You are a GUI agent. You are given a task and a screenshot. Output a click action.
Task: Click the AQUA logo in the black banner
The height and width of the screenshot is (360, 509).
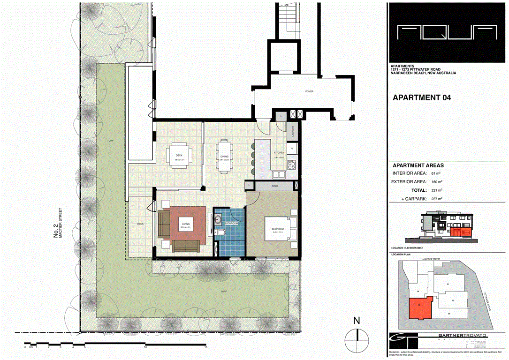pos(447,32)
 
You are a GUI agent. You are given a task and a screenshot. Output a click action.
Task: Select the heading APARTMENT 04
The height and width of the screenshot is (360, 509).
pos(421,98)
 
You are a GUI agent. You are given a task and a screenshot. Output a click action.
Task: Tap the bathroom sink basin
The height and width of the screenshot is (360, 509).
pos(218,219)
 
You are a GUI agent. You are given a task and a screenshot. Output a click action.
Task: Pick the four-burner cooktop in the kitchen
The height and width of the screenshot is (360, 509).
pos(291,165)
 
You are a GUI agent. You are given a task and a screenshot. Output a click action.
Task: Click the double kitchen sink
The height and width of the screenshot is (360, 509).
pos(279,175)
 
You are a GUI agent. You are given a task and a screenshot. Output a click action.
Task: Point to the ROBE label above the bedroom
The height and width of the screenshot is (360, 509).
pos(274,186)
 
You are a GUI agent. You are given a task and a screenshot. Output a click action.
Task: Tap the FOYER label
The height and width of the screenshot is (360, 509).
pos(309,91)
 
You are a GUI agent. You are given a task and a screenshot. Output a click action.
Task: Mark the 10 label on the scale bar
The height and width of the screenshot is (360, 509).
pos(145,347)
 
